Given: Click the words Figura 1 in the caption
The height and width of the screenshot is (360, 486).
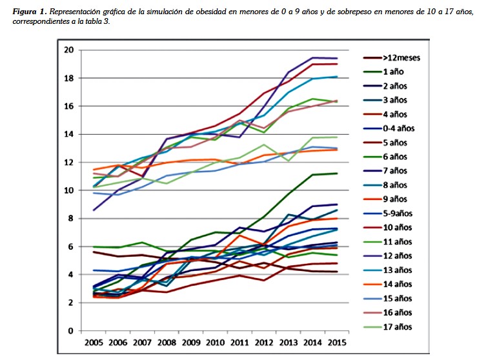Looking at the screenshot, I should [x=30, y=12].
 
